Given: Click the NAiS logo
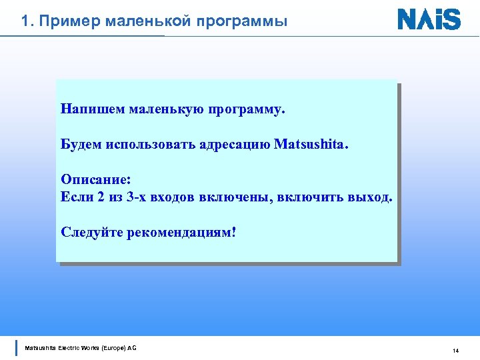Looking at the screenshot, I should point(429,19).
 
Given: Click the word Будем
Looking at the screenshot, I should point(80,145).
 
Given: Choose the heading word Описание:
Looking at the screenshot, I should point(96,181).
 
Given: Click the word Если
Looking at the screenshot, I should point(75,198).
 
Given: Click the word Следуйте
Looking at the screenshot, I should point(91,233).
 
